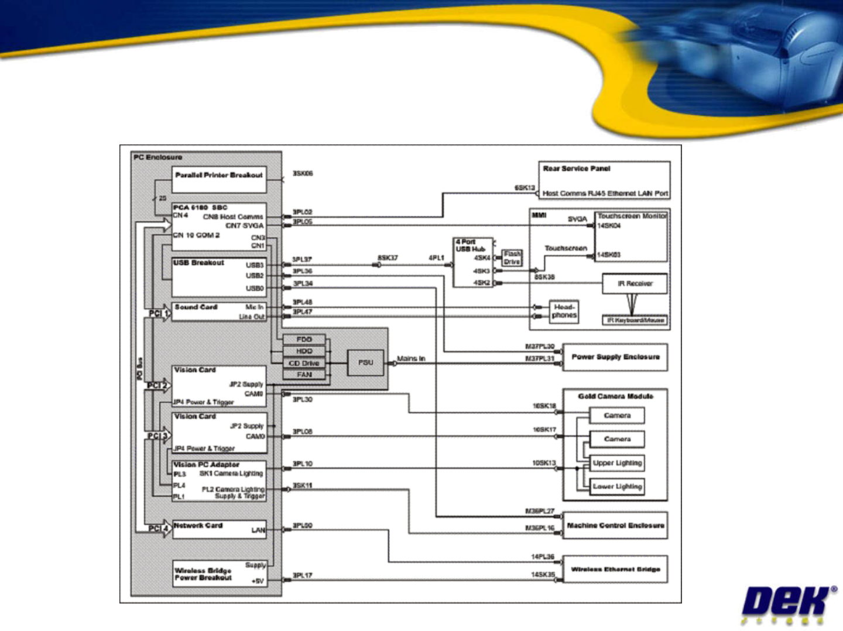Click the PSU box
point(365,363)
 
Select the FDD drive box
point(304,339)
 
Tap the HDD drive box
point(304,351)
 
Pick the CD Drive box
point(304,363)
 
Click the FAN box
point(304,375)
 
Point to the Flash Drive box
point(512,257)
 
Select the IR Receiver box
point(635,284)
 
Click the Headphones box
point(564,311)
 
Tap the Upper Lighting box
point(617,463)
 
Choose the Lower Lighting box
point(617,487)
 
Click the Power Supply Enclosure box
point(615,357)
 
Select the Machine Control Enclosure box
point(615,525)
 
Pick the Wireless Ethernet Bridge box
point(615,569)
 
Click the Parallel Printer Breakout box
point(219,180)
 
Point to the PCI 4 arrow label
point(158,529)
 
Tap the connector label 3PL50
point(303,526)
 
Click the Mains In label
point(411,358)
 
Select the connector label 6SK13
point(525,188)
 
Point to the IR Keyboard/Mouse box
point(635,320)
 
